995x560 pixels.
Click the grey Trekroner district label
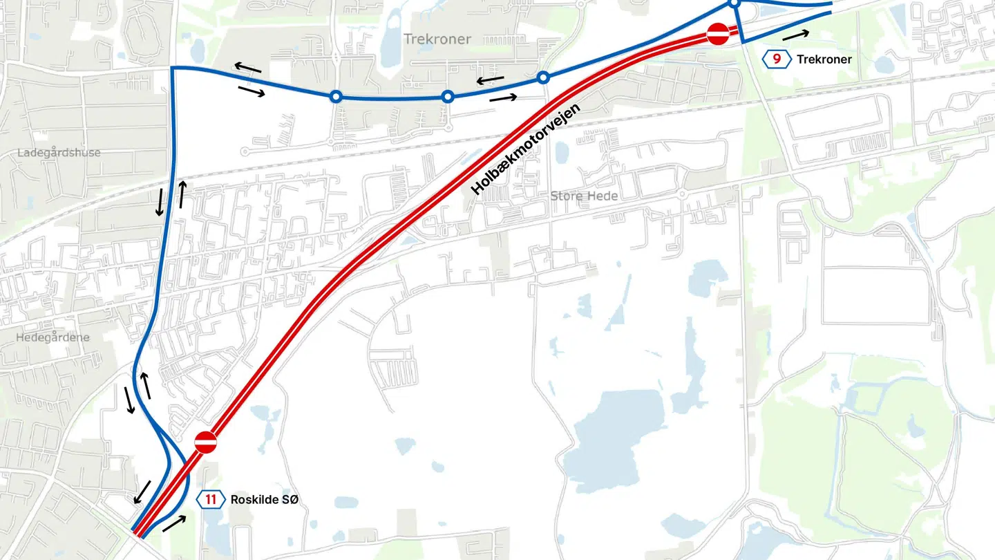coord(437,39)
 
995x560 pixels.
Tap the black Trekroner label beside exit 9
coord(824,59)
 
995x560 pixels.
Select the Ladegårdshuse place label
coord(59,153)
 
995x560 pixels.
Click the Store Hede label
coord(584,196)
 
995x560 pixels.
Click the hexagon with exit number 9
coord(777,59)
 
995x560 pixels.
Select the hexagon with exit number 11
coord(211,500)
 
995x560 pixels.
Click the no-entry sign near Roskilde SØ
coord(205,442)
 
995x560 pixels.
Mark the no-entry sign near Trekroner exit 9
coord(718,32)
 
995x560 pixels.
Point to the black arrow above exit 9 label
coord(795,35)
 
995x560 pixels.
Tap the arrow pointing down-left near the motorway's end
coord(143,492)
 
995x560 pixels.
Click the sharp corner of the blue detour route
coord(172,68)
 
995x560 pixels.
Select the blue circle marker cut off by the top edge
coord(735,3)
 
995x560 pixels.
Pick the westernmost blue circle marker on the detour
coord(336,97)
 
